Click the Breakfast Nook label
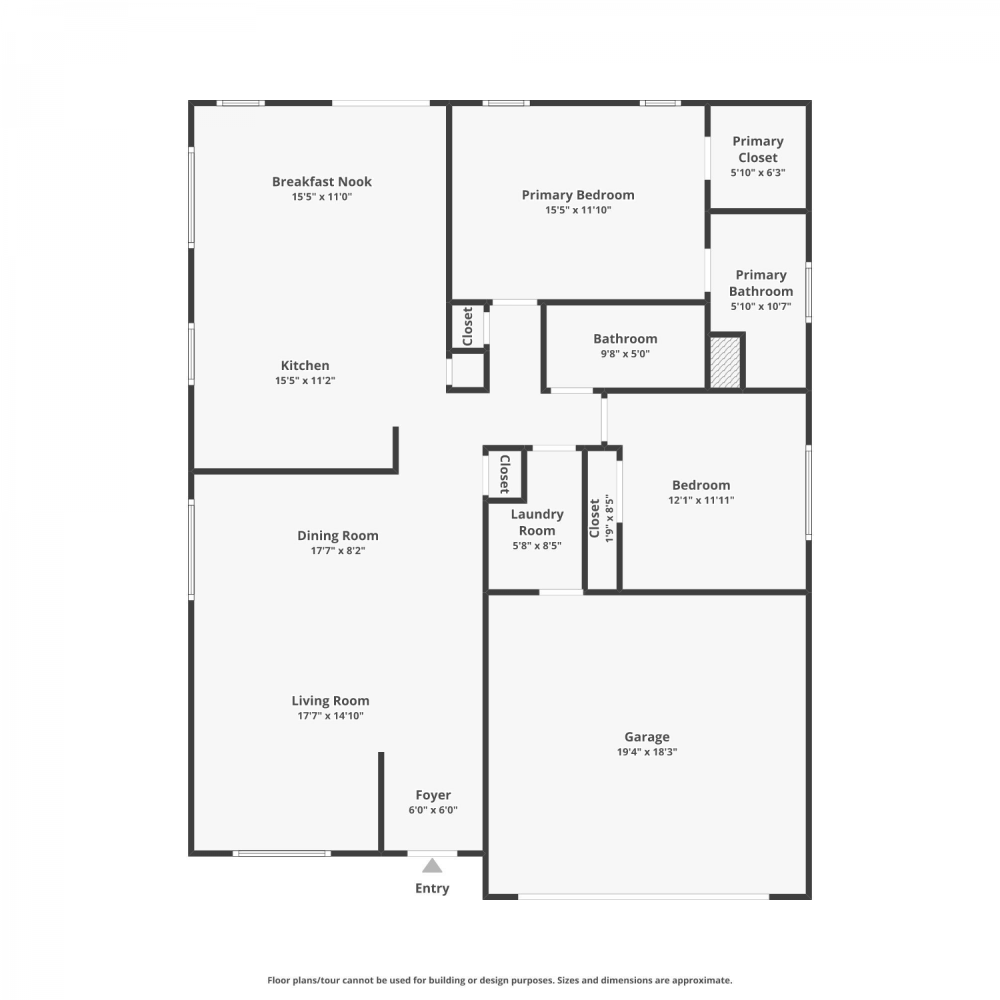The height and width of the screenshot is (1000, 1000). coord(321,181)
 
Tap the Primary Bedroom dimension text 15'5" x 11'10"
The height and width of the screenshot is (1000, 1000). coord(578,210)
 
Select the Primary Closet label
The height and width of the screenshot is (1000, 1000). coord(758,149)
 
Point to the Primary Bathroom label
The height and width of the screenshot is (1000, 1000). coord(761,283)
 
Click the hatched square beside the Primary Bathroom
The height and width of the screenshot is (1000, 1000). coord(725,362)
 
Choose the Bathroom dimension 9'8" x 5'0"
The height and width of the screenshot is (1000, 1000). coord(625,354)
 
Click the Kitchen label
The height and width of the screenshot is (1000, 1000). coord(305,365)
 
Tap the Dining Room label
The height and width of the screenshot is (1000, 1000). coord(337,535)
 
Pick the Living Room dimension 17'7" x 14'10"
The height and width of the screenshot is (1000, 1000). coord(331,716)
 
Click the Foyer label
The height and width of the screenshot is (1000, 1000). coord(433,795)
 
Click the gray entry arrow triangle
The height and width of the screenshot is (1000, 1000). coord(432,866)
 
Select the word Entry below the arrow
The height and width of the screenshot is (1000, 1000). coord(432,889)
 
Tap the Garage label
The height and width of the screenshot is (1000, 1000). coord(647,737)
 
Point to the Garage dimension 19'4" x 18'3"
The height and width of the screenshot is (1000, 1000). coord(647,752)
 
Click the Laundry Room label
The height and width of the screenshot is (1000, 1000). coord(537,522)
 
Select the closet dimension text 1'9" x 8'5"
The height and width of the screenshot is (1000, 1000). coord(608,519)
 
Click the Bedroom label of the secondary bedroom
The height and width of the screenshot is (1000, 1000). coord(701,485)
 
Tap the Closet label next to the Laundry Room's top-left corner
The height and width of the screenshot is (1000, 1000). coord(505,474)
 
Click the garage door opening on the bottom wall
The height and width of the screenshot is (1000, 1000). coord(643,897)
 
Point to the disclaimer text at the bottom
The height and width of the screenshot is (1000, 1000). coord(500,980)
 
